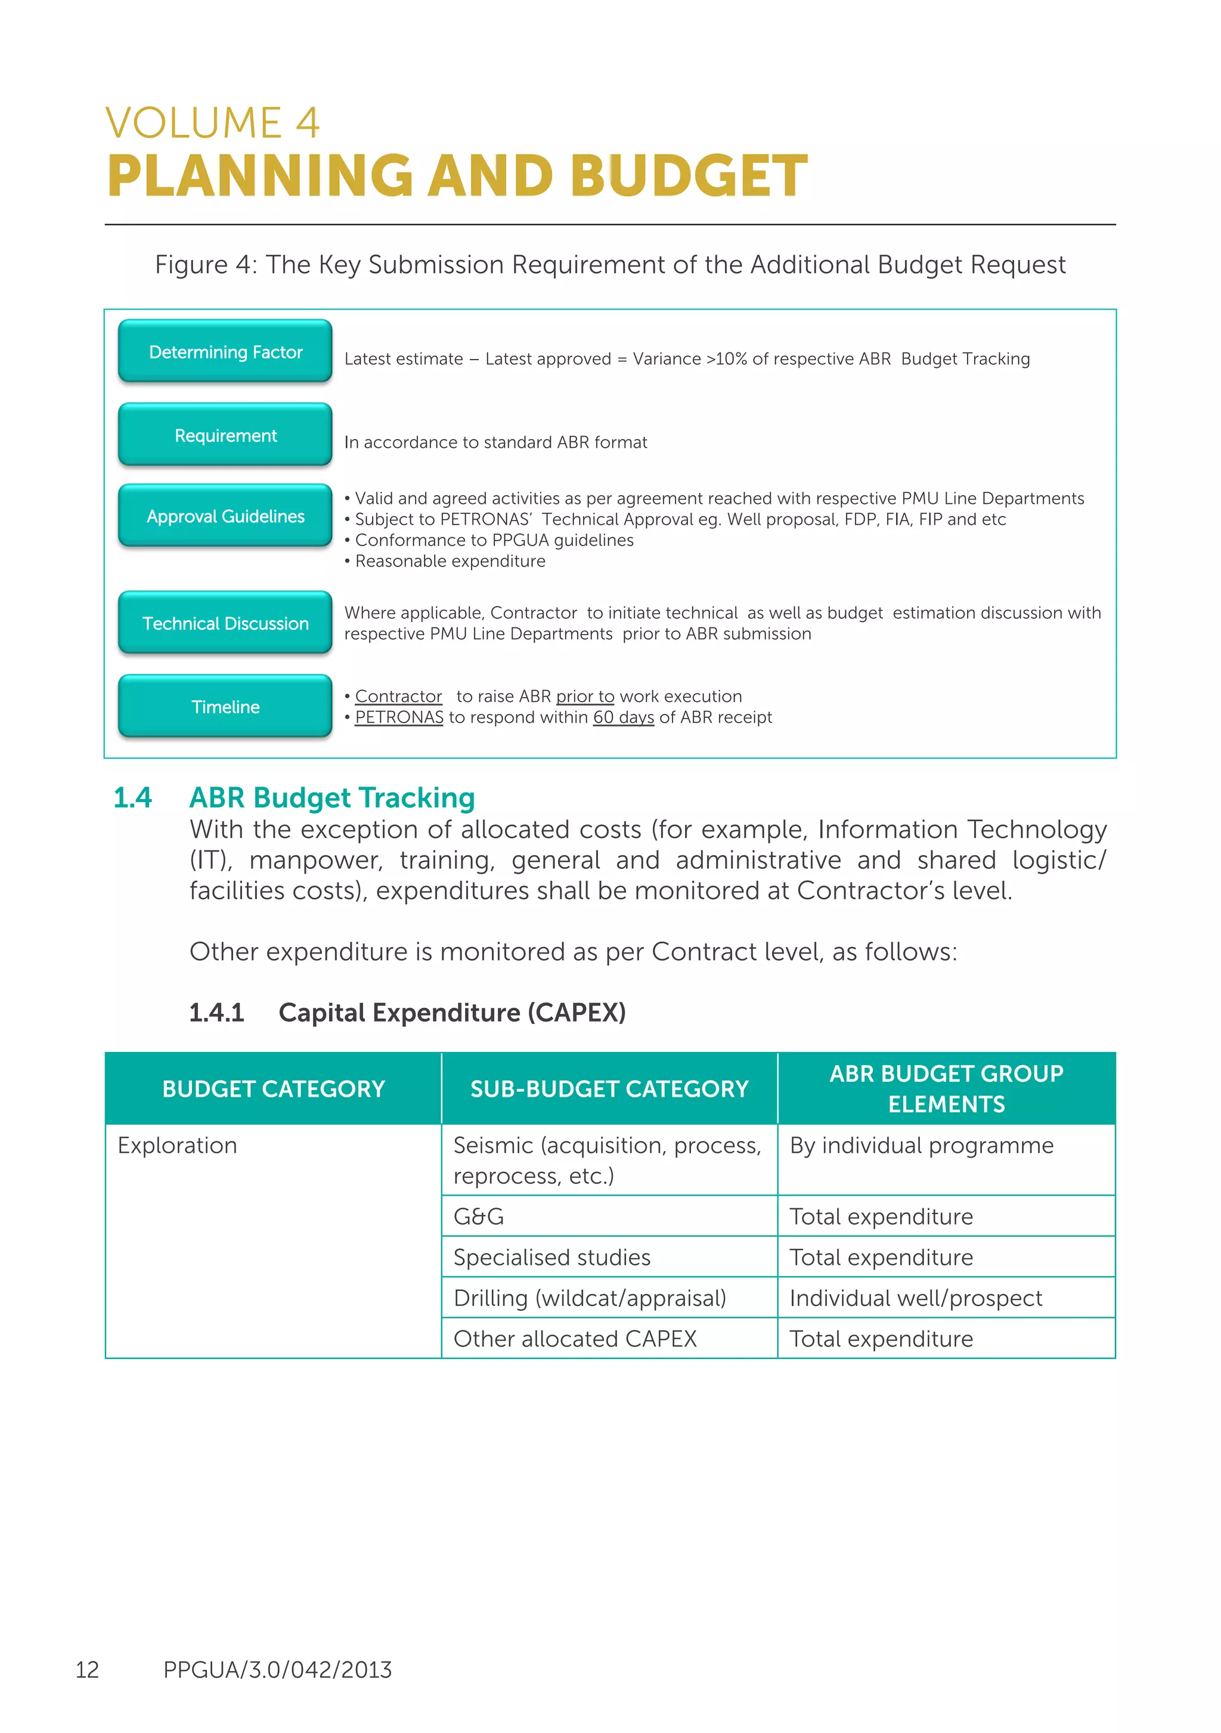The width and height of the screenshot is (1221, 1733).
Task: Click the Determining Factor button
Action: coord(225,352)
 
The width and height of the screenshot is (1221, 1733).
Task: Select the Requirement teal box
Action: coord(225,435)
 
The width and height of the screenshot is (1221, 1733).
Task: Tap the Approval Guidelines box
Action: coord(225,516)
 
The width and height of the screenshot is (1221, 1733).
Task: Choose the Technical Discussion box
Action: coord(225,623)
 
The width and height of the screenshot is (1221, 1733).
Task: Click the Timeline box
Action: coord(225,707)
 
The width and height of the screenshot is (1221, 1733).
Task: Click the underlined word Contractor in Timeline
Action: coord(398,697)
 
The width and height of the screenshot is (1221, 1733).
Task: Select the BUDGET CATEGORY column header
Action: coord(273,1089)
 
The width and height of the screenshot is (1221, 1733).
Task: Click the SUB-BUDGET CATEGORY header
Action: coord(609,1089)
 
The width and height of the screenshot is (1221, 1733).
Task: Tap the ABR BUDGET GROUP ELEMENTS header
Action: coord(946,1089)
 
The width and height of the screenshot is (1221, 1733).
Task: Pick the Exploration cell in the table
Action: coord(177,1146)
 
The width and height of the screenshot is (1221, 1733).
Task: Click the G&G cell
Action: coord(478,1217)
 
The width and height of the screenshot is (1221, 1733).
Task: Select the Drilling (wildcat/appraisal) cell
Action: coord(590,1298)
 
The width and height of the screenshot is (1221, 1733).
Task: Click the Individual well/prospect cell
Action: coord(915,1298)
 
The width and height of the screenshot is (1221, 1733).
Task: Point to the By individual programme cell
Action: coord(921,1146)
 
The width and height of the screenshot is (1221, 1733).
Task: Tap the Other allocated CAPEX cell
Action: coord(575,1339)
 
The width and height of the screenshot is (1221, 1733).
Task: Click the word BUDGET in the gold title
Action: coord(688,176)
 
